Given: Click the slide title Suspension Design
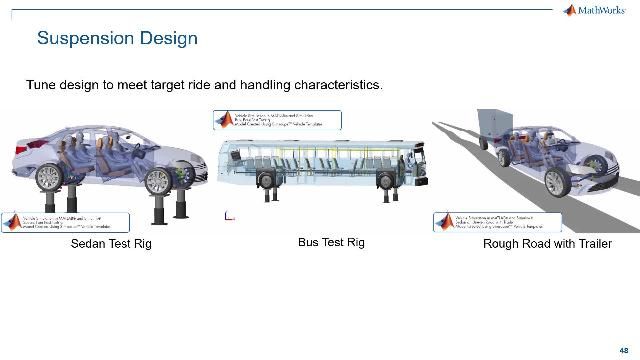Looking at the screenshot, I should (117, 39).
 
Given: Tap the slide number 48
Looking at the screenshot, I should (623, 337).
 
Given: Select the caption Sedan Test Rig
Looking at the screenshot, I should (110, 244).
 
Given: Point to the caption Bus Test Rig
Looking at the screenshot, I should (331, 242).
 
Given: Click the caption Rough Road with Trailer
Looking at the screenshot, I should (547, 244).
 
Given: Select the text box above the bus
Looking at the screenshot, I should (274, 120).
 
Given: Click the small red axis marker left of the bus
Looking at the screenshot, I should (229, 215).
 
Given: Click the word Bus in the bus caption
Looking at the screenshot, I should (309, 242).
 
